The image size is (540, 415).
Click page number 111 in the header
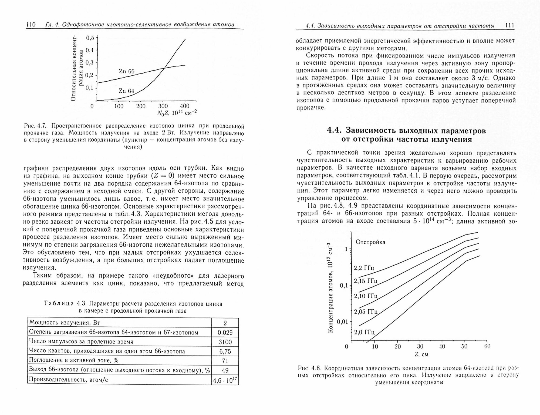click(x=509, y=26)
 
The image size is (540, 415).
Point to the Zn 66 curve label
click(x=126, y=71)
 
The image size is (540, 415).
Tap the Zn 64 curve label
click(x=126, y=91)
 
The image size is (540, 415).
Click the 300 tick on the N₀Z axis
click(x=163, y=106)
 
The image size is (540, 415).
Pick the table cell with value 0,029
click(x=225, y=333)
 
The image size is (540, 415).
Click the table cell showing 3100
click(x=225, y=342)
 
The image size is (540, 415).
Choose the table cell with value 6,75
click(x=225, y=352)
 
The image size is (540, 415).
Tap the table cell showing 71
click(x=225, y=361)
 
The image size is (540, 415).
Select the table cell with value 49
click(x=225, y=370)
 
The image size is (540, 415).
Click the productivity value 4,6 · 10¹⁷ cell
click(x=225, y=380)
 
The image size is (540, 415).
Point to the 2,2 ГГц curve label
click(x=364, y=268)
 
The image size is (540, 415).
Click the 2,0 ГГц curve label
click(x=364, y=332)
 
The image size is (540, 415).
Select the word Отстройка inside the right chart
click(x=370, y=242)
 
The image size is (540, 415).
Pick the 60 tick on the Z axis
click(x=487, y=346)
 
